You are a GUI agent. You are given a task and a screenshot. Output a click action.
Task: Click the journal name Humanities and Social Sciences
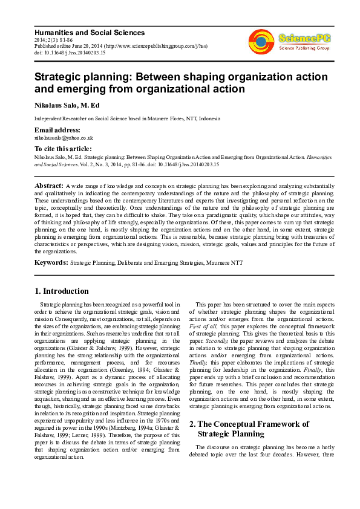coord(90,32)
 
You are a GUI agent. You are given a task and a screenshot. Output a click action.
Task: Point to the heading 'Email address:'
coord(57,130)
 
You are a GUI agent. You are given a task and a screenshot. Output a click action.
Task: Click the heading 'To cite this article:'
coord(64,149)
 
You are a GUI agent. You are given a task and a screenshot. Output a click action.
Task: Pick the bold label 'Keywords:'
coord(51,263)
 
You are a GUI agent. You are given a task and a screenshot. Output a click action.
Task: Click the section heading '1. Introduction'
coord(62,291)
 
